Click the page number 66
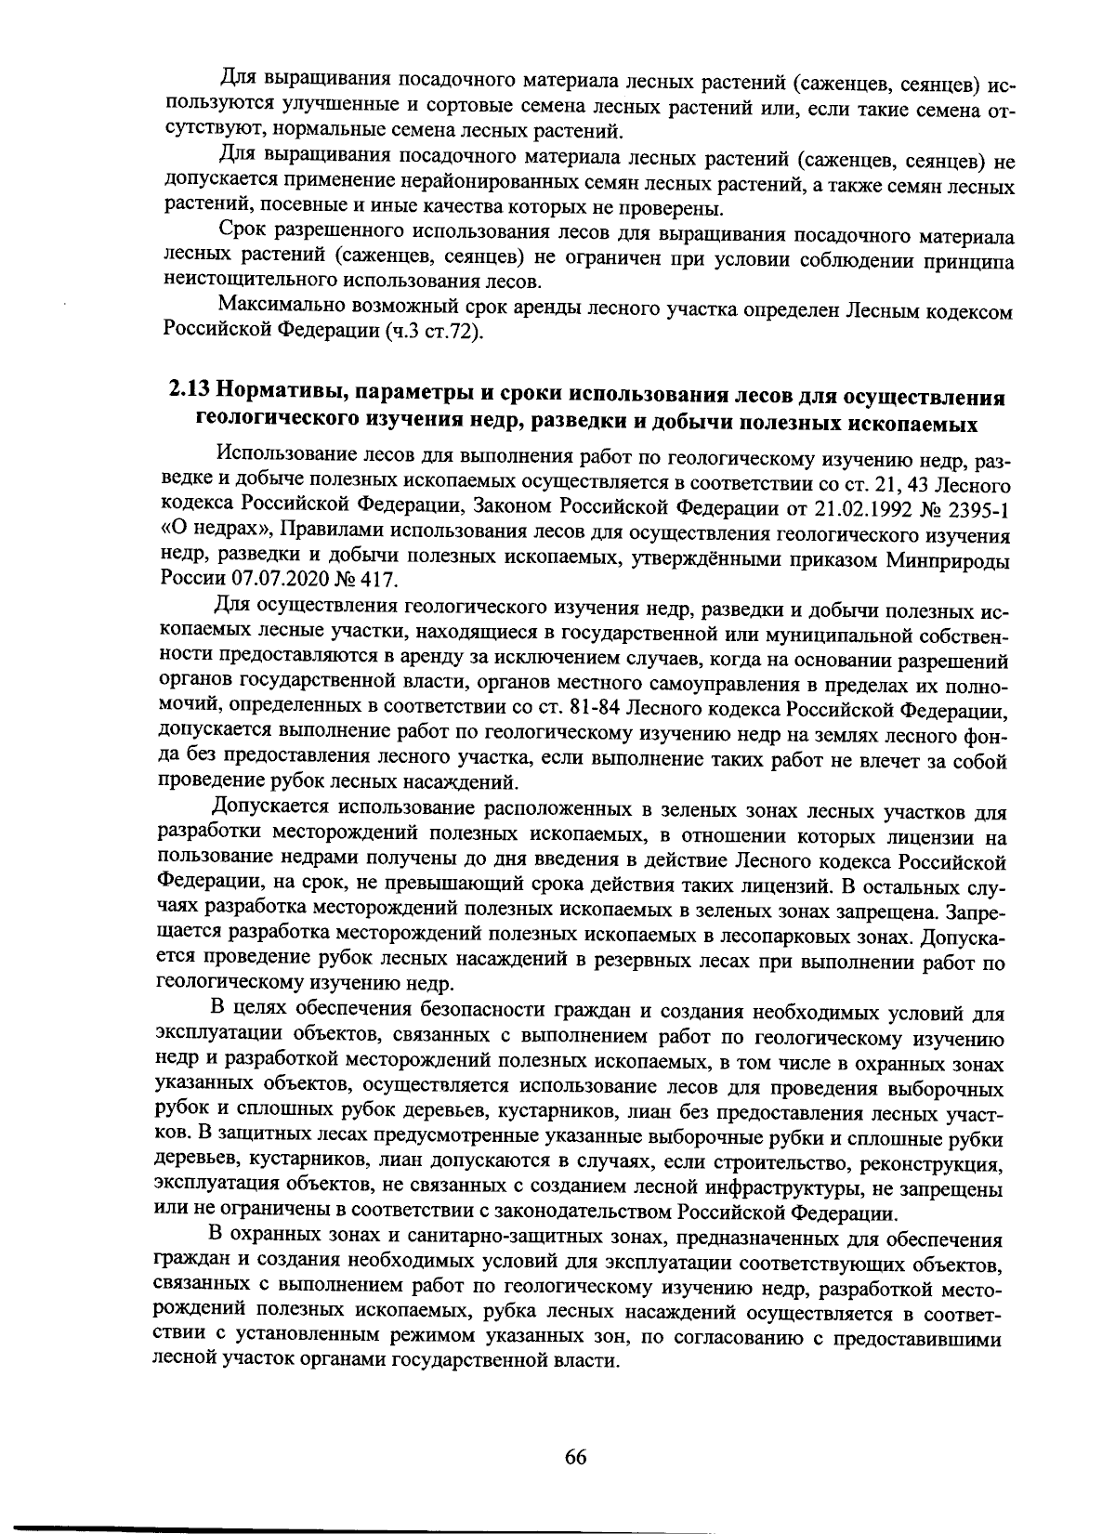[575, 1456]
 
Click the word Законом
[515, 508]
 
